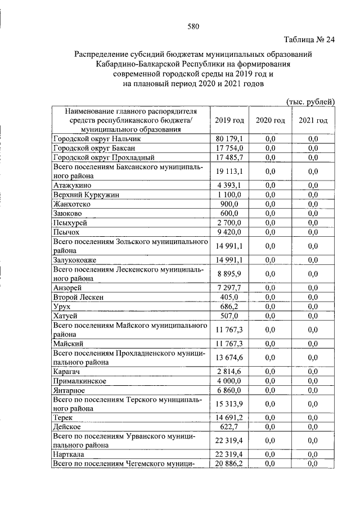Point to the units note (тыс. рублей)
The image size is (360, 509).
pos(310,101)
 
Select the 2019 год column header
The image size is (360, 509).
pos(229,120)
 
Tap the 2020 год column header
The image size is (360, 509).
pos(270,120)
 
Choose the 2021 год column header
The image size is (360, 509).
pos(313,120)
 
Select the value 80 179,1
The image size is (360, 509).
pos(228,138)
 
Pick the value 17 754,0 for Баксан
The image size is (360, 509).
pos(228,148)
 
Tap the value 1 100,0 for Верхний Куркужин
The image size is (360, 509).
pos(229,195)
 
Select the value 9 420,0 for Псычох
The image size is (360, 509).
pos(229,232)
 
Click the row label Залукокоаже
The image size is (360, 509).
pos(78,260)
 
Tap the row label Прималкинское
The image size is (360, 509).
pos(81,381)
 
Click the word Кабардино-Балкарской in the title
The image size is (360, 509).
pos(134,64)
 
